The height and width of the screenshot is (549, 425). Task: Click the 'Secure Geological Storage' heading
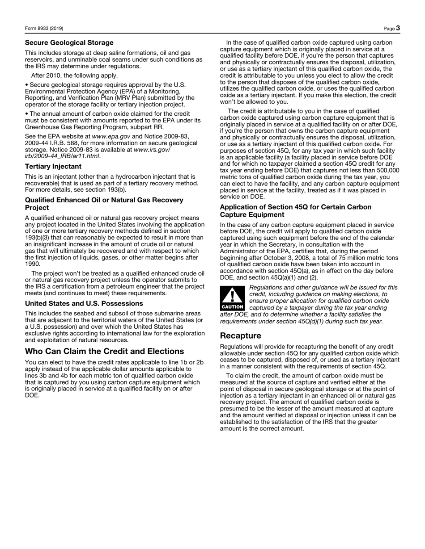(x=69, y=43)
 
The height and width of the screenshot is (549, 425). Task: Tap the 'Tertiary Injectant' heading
(x=53, y=167)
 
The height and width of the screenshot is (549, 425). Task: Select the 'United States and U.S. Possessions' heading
(x=84, y=303)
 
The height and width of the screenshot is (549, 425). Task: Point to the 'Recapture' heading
(x=241, y=335)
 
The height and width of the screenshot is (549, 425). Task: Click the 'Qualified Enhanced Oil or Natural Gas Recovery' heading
(x=104, y=200)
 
